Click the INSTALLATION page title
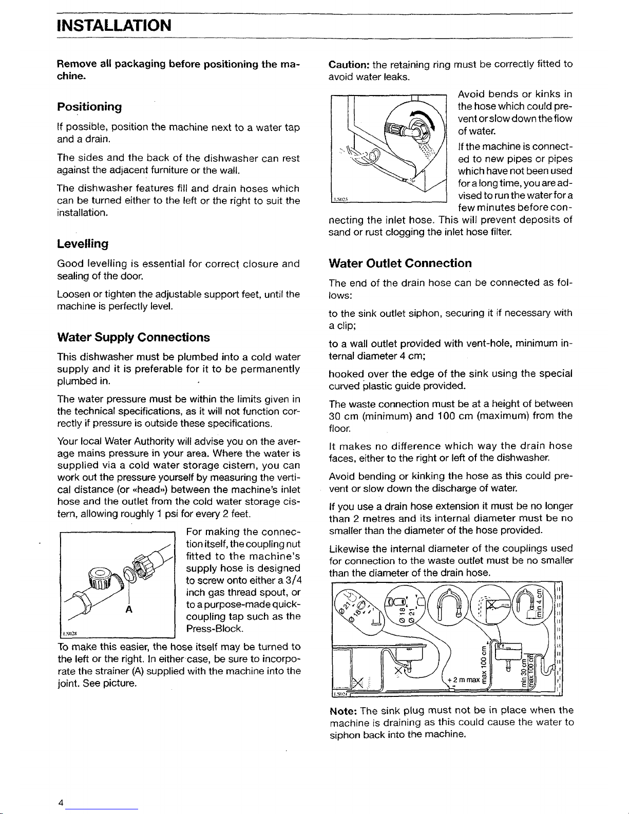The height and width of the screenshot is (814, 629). pyautogui.click(x=114, y=24)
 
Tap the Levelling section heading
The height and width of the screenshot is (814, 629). pyautogui.click(x=82, y=242)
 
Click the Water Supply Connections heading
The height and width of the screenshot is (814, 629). pyautogui.click(x=133, y=337)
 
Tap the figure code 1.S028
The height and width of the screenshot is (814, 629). pyautogui.click(x=69, y=633)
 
